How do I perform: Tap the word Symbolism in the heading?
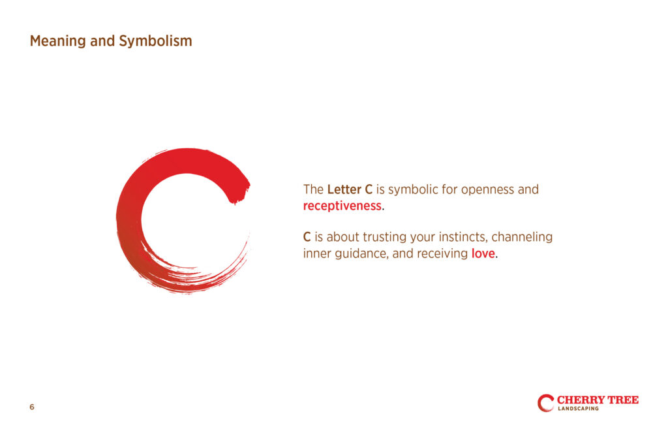155,41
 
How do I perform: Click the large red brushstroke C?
128,222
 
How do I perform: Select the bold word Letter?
344,189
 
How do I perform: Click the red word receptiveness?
342,206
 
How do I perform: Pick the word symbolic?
413,190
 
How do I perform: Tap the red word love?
483,253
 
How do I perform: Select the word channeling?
522,237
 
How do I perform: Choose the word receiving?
442,254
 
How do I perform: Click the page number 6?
32,407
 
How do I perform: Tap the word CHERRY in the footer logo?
581,400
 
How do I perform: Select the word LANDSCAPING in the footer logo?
578,409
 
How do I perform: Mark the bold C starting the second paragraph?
307,237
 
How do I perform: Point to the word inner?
317,253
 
